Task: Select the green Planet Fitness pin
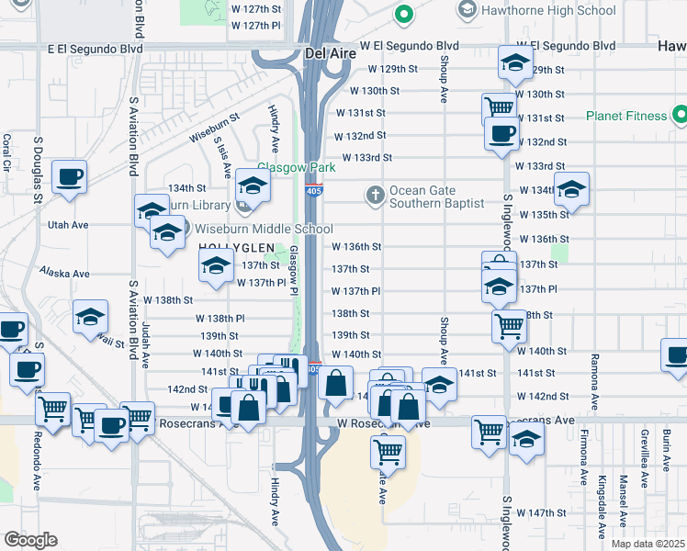click(x=679, y=116)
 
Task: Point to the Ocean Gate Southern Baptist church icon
click(x=375, y=195)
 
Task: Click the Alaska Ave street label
click(x=64, y=273)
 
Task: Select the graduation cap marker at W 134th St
click(x=571, y=190)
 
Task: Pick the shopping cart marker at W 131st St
click(x=499, y=107)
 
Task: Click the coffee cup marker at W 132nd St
click(x=501, y=134)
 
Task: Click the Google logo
click(x=30, y=540)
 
